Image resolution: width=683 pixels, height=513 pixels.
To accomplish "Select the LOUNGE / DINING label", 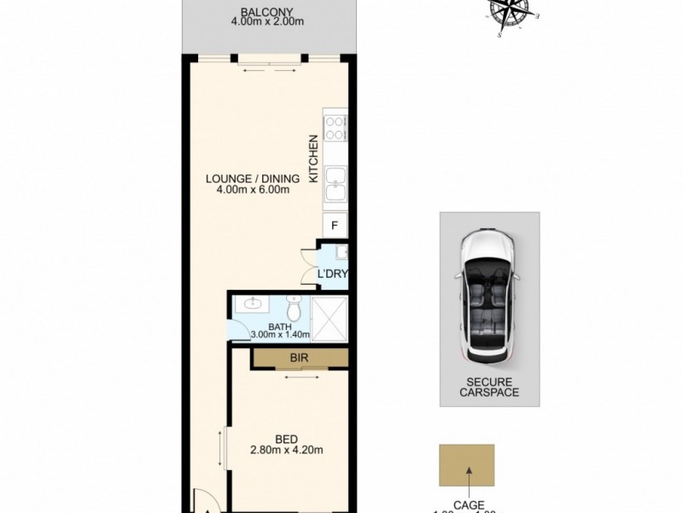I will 252,179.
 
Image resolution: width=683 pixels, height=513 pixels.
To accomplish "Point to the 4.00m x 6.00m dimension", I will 252,190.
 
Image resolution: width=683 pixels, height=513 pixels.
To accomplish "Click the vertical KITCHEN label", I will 313,159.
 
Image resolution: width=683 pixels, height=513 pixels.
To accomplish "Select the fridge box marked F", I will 336,226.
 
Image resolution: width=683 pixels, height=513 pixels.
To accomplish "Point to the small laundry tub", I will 341,252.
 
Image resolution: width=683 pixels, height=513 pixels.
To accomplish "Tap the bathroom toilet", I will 294,306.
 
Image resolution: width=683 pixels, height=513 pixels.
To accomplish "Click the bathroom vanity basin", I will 253,304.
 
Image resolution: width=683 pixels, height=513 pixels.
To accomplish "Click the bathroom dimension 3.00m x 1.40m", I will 279,334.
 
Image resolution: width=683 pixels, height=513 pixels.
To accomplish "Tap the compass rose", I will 510,15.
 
